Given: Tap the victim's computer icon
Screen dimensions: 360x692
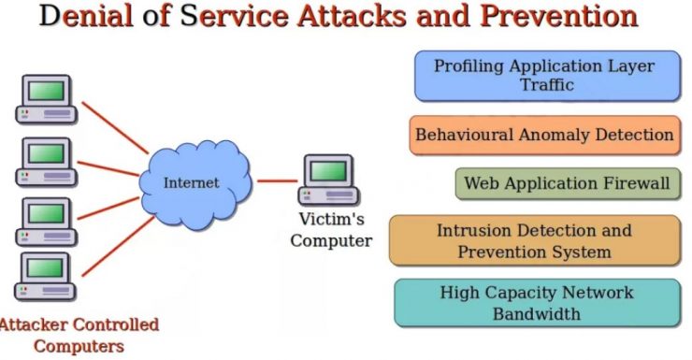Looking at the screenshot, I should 328,180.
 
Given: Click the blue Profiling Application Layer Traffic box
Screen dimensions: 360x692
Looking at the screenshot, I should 547,76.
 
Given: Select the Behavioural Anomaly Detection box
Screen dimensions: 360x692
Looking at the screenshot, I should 544,135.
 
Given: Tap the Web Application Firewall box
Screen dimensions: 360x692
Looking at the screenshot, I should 567,183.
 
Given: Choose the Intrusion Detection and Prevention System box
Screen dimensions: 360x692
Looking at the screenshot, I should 534,240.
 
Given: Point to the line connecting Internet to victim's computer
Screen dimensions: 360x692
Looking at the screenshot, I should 277,180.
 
